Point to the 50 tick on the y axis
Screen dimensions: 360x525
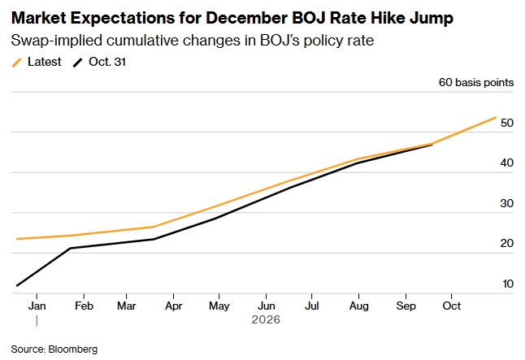tap(507, 124)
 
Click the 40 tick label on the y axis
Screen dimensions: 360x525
tap(507, 163)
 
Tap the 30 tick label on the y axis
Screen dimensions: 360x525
tap(507, 204)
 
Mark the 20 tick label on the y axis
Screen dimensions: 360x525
tap(507, 244)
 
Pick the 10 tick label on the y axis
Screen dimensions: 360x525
tap(507, 284)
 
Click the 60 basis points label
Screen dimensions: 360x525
tap(475, 83)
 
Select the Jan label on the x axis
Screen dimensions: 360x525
tap(37, 306)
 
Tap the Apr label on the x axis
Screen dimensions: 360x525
tap(174, 306)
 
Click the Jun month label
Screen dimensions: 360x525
tap(266, 306)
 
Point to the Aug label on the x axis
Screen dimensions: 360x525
tap(358, 306)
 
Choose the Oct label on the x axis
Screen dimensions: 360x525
tap(451, 306)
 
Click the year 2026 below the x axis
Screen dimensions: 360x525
tap(265, 320)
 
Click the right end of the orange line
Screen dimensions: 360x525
tap(496, 117)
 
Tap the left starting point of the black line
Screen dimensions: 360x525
tap(16, 285)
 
